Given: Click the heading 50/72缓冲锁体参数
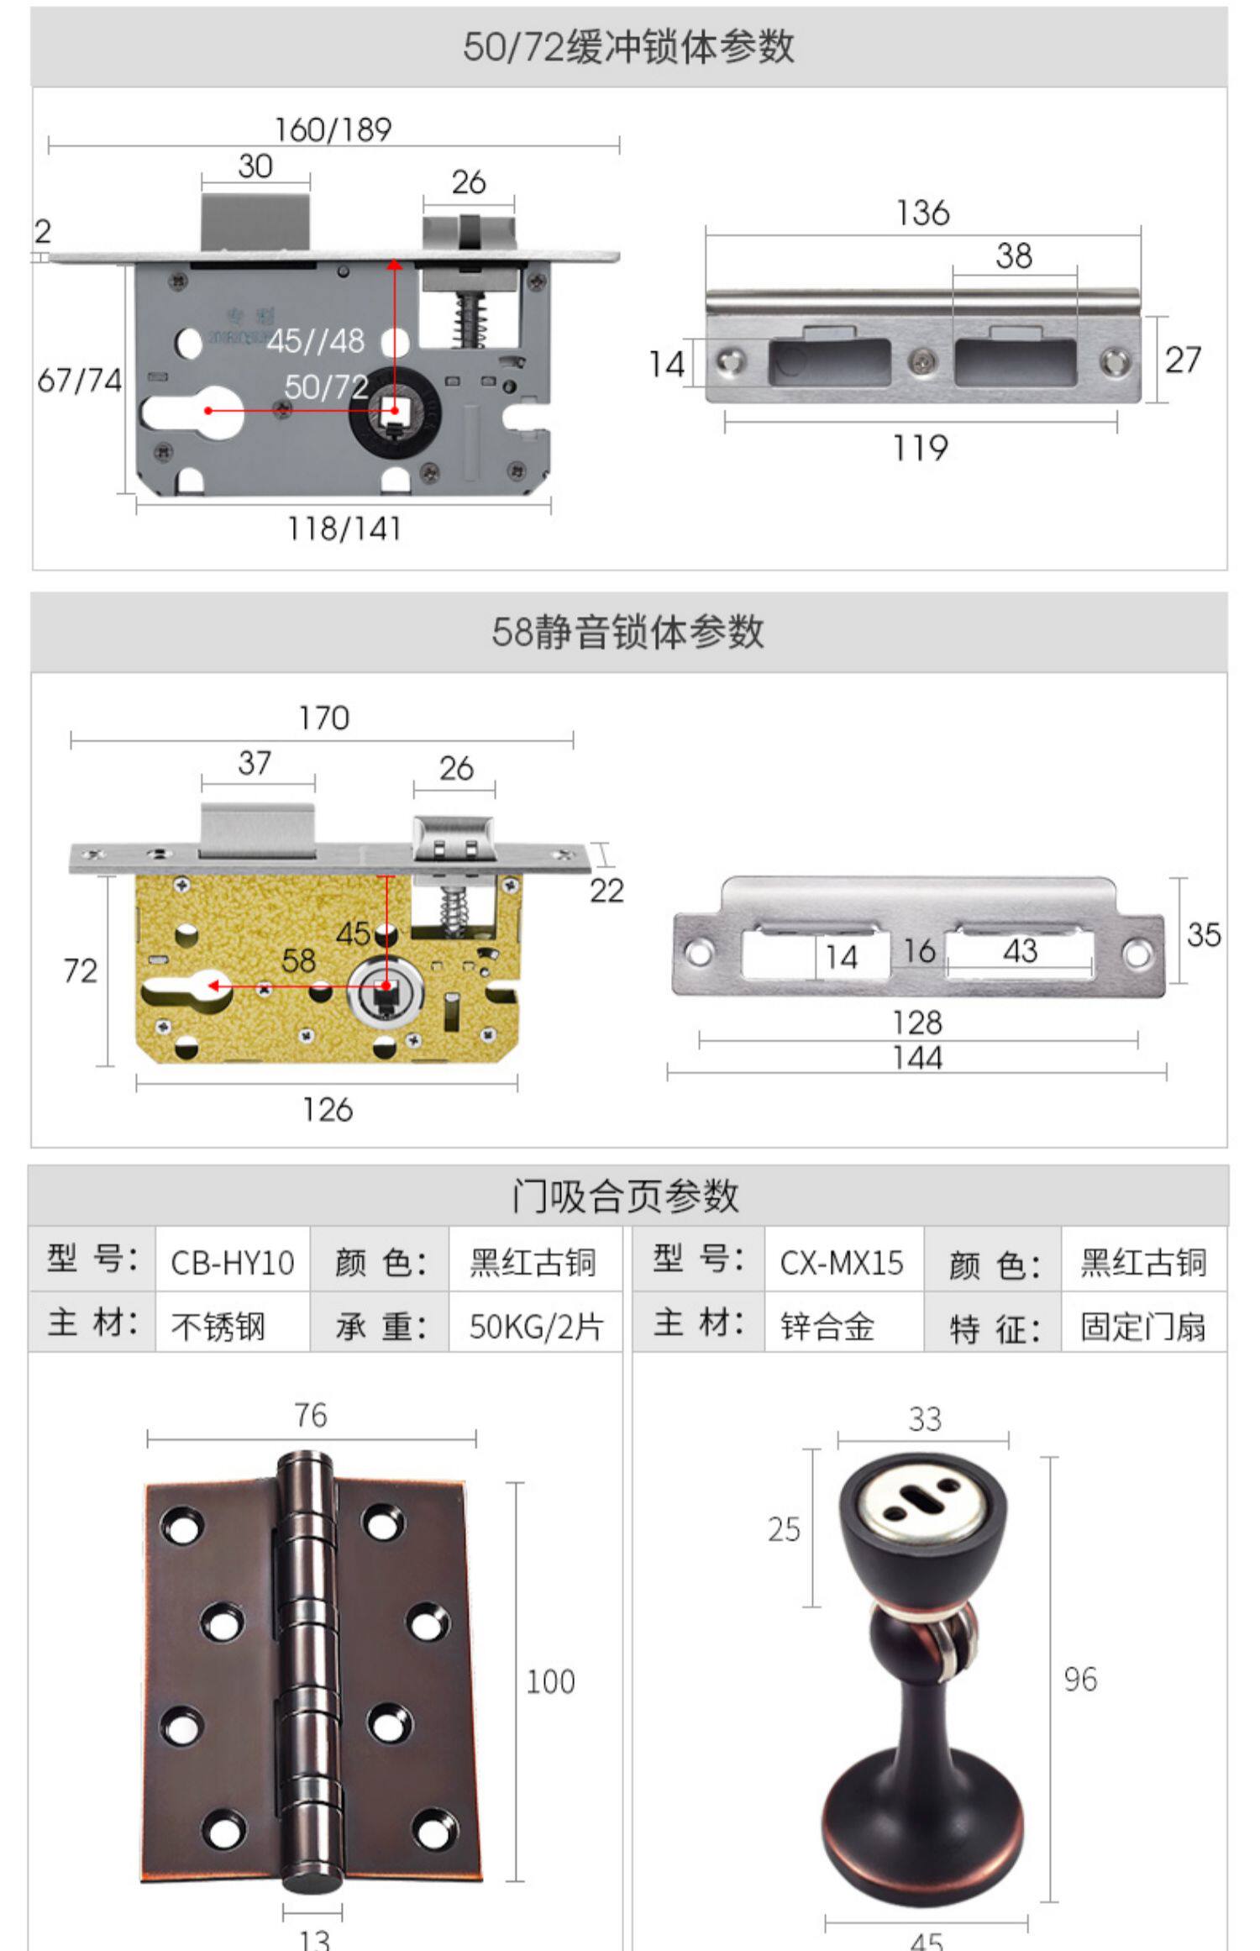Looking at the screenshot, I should [628, 47].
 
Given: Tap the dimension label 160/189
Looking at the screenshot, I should [333, 129].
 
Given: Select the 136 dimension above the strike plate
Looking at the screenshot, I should [922, 213].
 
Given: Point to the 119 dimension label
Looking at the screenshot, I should [920, 448].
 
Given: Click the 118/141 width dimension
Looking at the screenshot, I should [344, 529].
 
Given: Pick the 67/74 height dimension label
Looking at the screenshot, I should [80, 381].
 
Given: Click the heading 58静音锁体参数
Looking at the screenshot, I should [628, 632].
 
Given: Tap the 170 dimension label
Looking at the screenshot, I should [324, 718].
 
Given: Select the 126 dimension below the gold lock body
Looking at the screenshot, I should [328, 1110].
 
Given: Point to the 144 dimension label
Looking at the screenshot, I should [917, 1058].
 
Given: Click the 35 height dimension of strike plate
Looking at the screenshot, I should [1203, 934].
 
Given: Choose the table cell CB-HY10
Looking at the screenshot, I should [233, 1263].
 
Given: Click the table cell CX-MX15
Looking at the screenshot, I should [842, 1263].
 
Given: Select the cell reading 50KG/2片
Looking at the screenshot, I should [536, 1326].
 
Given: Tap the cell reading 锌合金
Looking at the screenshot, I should [827, 1326].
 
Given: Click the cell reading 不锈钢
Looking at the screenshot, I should [218, 1326].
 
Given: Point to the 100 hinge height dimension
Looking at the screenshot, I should [550, 1681].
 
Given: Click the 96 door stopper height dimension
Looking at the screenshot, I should [1080, 1679].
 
